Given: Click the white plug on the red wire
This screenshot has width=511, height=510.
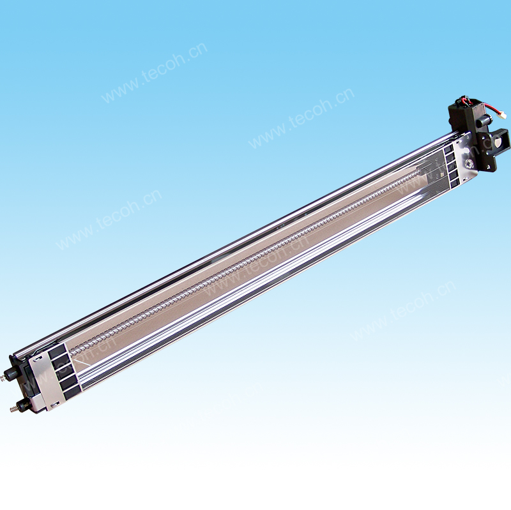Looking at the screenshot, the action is tap(503, 115).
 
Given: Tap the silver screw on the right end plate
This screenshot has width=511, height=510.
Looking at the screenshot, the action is tap(469, 163).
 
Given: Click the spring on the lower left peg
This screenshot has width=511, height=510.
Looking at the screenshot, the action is tap(11, 409).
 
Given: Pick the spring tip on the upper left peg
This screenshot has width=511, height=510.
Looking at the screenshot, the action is tap(2, 379).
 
